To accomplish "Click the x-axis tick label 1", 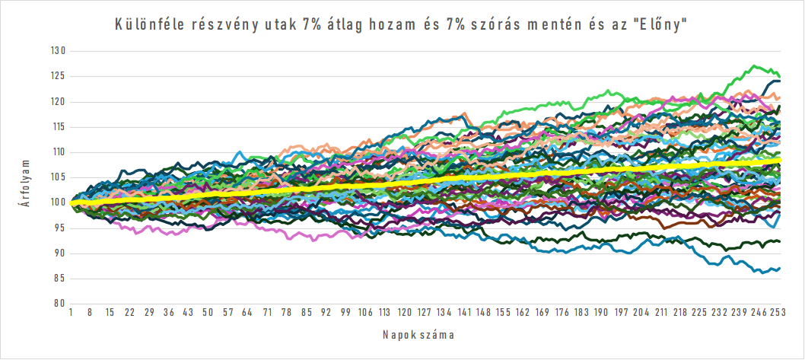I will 71,313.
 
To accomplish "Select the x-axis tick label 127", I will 425,313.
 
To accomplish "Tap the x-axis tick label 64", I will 248,313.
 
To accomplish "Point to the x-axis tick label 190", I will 601,313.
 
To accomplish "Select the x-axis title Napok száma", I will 424,334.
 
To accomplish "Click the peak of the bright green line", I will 753,66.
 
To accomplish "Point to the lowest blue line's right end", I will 780,269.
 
